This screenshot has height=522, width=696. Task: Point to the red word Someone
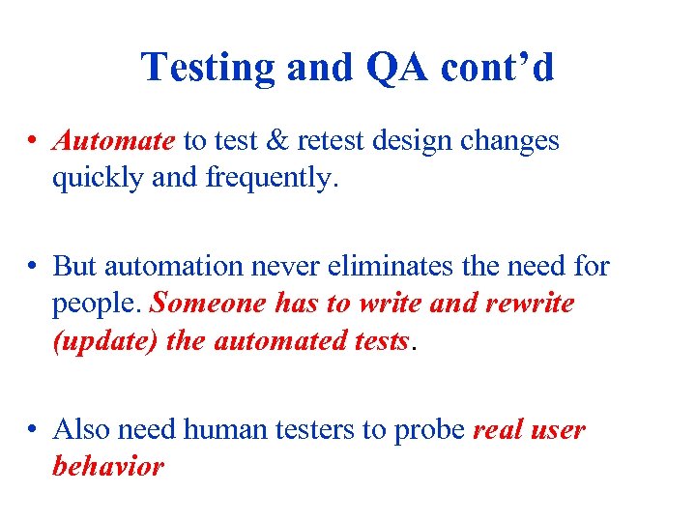(x=208, y=304)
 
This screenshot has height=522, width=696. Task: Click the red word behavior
(x=108, y=466)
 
